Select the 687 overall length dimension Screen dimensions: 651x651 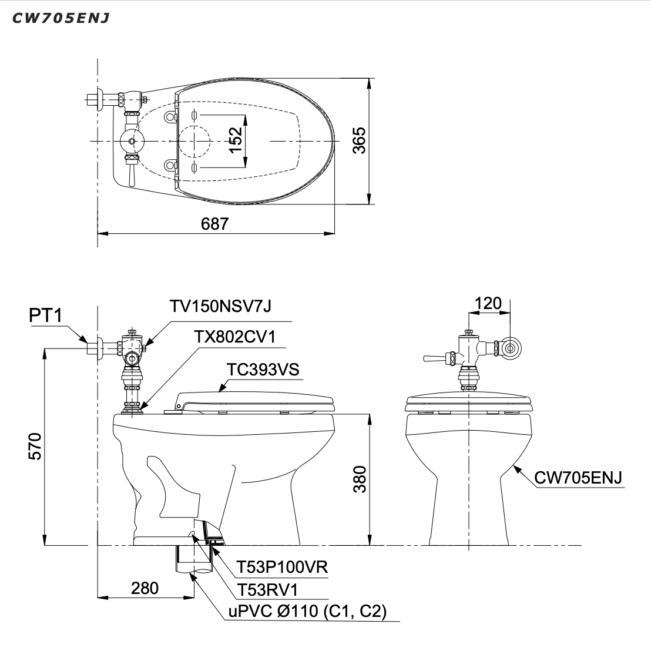pyautogui.click(x=214, y=224)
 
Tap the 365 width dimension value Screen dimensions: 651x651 pyautogui.click(x=359, y=141)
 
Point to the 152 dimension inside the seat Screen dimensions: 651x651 pyautogui.click(x=235, y=141)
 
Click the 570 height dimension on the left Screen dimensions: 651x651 pyautogui.click(x=35, y=447)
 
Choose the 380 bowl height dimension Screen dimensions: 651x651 pyautogui.click(x=360, y=479)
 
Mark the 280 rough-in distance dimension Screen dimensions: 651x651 pyautogui.click(x=145, y=588)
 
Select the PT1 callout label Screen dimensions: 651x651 pyautogui.click(x=46, y=316)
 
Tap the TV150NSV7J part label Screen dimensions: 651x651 pyautogui.click(x=220, y=307)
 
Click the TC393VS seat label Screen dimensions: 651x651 pyautogui.click(x=263, y=369)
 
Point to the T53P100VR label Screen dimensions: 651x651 pyautogui.click(x=281, y=567)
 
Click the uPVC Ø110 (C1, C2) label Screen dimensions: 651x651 pyautogui.click(x=307, y=611)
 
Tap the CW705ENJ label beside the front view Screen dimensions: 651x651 pyautogui.click(x=579, y=477)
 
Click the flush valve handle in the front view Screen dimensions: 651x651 pyautogui.click(x=434, y=358)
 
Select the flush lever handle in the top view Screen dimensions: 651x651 pyautogui.click(x=132, y=175)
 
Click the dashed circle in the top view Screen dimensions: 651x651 pyautogui.click(x=194, y=142)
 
